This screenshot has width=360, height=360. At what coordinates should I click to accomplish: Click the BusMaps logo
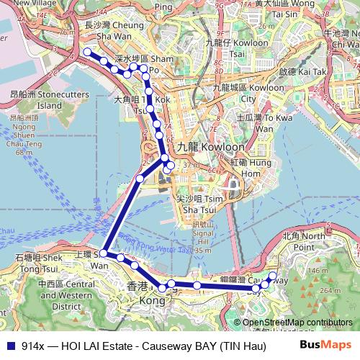pyautogui.click(x=330, y=345)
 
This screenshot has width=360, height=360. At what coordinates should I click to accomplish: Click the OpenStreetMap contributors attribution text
pyautogui.click(x=297, y=323)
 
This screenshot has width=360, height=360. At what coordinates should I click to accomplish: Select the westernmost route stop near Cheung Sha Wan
pyautogui.click(x=88, y=52)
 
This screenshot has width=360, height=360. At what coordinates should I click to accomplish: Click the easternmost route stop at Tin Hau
pyautogui.click(x=272, y=275)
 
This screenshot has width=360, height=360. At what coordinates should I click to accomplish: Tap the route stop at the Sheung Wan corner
pyautogui.click(x=104, y=253)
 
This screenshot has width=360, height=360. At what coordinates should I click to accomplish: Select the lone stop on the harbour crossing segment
pyautogui.click(x=140, y=178)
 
